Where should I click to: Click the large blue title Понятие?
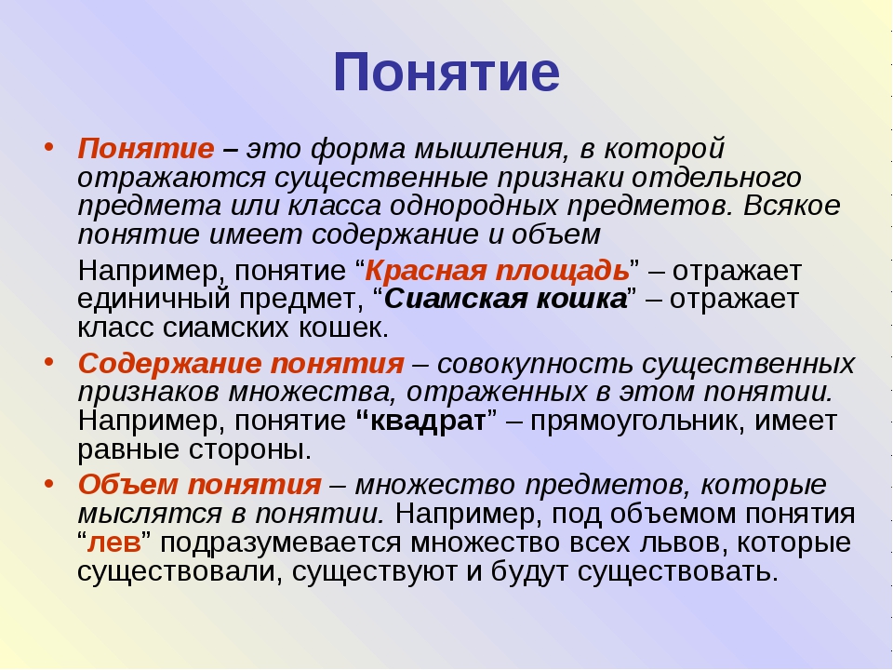[x=446, y=73]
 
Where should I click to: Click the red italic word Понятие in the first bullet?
[x=146, y=149]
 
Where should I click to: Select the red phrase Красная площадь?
[x=497, y=271]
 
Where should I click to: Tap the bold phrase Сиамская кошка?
[x=506, y=299]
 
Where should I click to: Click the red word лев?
[x=113, y=543]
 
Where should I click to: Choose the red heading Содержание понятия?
[x=241, y=364]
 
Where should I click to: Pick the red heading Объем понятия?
[x=200, y=485]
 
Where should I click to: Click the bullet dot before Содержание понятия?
[x=49, y=362]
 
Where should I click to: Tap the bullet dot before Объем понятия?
[x=49, y=483]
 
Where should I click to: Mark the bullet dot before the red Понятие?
[x=49, y=147]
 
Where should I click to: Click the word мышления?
[x=491, y=150]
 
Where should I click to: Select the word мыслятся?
[x=150, y=515]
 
